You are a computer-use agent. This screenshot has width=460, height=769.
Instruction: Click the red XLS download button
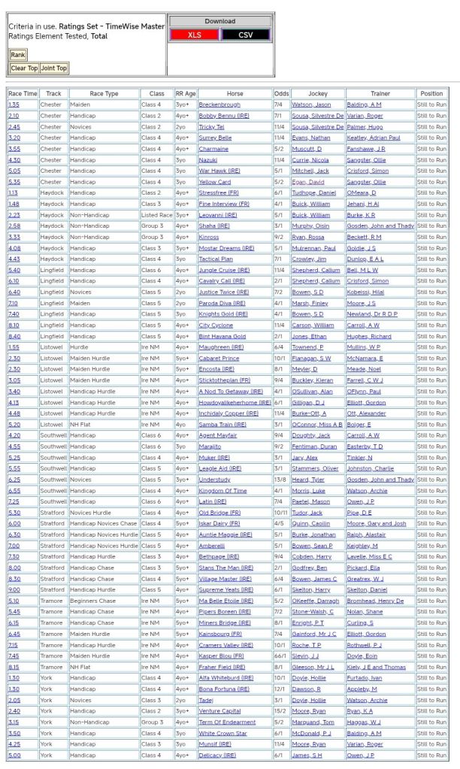(x=194, y=35)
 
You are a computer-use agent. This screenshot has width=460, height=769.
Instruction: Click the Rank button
(x=17, y=54)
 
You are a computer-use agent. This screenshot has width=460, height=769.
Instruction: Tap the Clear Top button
(x=23, y=68)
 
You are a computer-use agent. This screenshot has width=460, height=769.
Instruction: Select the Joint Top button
(x=53, y=68)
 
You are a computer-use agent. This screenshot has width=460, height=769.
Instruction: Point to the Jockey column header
(x=318, y=94)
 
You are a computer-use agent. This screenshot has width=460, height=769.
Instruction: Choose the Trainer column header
(x=380, y=94)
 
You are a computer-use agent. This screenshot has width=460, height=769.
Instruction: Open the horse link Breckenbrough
(x=219, y=104)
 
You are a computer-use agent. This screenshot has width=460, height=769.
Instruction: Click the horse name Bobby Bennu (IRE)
(x=223, y=116)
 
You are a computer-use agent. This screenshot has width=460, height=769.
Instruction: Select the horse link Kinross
(x=209, y=237)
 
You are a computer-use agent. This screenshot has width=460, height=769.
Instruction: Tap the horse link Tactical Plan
(x=215, y=259)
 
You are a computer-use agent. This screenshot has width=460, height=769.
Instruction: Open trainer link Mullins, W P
(x=365, y=347)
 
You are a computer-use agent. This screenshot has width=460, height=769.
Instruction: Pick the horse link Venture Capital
(x=220, y=711)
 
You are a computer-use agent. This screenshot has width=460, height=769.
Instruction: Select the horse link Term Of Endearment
(x=226, y=722)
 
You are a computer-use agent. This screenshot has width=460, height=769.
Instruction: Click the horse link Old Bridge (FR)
(x=219, y=513)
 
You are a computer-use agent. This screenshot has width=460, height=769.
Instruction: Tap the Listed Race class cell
(x=156, y=215)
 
